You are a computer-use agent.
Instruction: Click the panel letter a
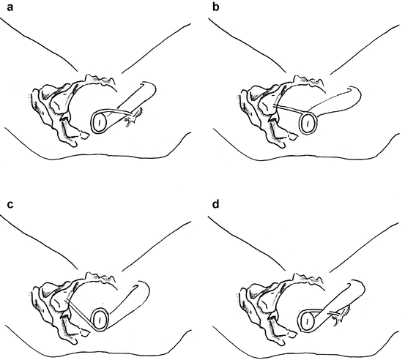[10, 7]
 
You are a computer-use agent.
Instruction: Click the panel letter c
[10, 204]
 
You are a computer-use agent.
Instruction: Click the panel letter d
[215, 203]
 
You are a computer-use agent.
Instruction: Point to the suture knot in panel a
[133, 116]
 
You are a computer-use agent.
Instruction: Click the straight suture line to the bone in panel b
[291, 108]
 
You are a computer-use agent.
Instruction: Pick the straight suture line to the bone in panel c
[79, 315]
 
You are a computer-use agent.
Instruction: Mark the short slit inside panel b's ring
[308, 124]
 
